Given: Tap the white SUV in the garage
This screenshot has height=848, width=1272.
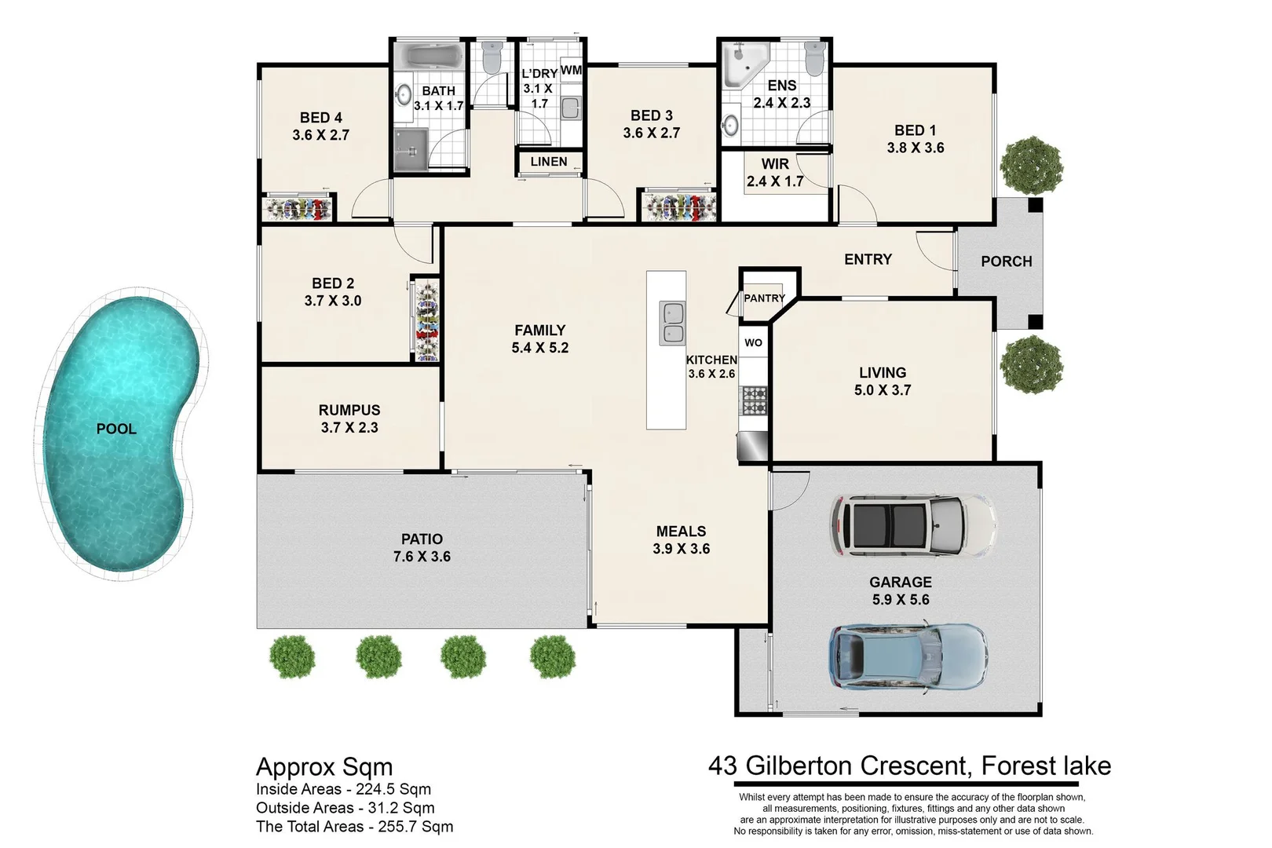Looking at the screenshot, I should [x=912, y=525].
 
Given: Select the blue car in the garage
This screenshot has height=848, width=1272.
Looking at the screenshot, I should [x=907, y=656].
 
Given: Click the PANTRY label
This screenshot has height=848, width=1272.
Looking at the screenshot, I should [x=764, y=298].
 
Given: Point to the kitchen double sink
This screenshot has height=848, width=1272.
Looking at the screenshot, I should [x=671, y=323].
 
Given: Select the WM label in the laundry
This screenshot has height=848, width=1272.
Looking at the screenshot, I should [x=572, y=70].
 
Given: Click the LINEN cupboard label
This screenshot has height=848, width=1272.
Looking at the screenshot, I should [x=549, y=162].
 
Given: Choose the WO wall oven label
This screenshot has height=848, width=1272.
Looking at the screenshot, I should [x=753, y=342].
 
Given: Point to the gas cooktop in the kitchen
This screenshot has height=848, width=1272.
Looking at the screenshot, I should [x=755, y=400].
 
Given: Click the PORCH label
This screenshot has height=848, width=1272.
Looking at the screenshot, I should [x=1006, y=261].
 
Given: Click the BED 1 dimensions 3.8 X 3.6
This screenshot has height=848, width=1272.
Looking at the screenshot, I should [x=916, y=148].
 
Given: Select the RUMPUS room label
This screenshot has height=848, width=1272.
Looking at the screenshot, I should [x=349, y=410].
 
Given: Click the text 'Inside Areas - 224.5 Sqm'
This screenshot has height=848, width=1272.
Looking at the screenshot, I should [x=343, y=789].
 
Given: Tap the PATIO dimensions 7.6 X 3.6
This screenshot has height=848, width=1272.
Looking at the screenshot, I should [x=422, y=557].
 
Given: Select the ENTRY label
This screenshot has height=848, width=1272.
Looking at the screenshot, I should [x=868, y=260].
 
